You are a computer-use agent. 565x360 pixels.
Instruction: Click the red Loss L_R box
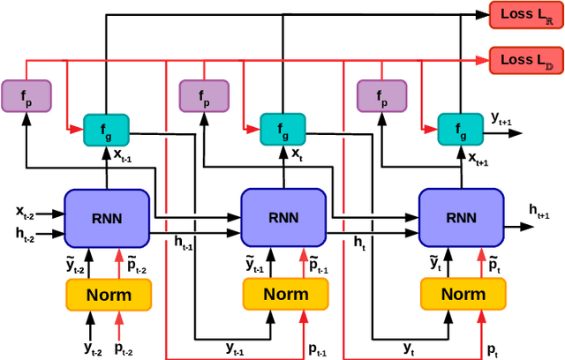coord(525,14)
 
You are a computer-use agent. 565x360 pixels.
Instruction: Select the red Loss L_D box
coord(525,61)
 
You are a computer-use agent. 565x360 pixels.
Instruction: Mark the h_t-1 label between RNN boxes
coord(184,242)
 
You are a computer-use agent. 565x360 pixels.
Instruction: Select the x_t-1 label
coord(123,155)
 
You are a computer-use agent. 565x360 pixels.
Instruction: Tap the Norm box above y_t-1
coord(286,294)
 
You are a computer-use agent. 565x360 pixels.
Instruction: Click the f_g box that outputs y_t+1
coord(460,131)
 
